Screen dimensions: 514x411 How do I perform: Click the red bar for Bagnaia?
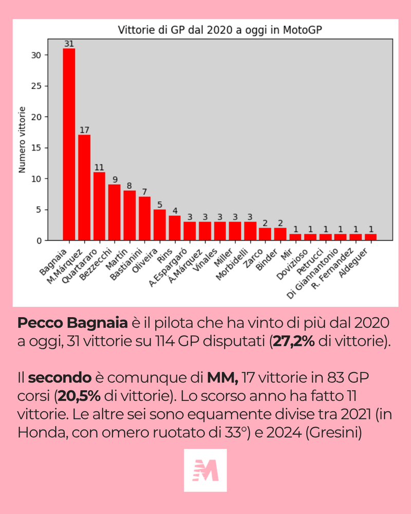(x=69, y=144)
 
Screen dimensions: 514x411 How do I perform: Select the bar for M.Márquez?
(x=84, y=188)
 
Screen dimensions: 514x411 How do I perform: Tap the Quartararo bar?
(x=99, y=206)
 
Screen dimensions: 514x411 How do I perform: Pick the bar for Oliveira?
(x=160, y=225)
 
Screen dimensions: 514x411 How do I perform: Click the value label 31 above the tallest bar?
(x=69, y=44)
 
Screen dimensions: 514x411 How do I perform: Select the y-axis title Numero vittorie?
(x=22, y=139)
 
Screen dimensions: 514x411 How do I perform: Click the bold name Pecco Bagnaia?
(x=72, y=323)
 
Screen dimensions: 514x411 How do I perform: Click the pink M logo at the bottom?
(x=206, y=470)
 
